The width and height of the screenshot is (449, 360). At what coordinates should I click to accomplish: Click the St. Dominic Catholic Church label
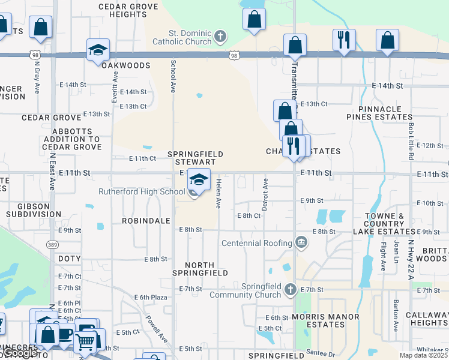point(182,37)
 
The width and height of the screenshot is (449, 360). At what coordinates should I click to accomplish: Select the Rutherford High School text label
point(142,192)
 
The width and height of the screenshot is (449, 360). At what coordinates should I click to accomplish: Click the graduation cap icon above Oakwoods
point(98,50)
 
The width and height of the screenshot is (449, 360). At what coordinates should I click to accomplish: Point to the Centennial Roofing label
point(258,243)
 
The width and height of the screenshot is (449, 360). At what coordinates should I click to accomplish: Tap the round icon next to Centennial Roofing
point(301,243)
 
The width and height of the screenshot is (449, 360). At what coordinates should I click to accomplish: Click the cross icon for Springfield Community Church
point(291,290)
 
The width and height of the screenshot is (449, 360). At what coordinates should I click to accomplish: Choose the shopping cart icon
point(86,341)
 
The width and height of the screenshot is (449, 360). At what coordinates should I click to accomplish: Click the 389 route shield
point(52,245)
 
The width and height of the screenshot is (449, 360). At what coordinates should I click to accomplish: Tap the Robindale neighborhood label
point(146,221)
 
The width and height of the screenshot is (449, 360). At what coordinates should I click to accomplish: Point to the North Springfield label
point(207,269)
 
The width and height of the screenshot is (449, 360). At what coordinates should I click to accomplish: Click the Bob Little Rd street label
point(411,140)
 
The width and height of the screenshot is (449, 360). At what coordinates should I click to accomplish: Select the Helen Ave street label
point(219,193)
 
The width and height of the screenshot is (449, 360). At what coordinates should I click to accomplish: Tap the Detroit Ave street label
point(265,193)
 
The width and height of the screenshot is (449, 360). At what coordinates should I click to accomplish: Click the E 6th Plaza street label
point(150,297)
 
